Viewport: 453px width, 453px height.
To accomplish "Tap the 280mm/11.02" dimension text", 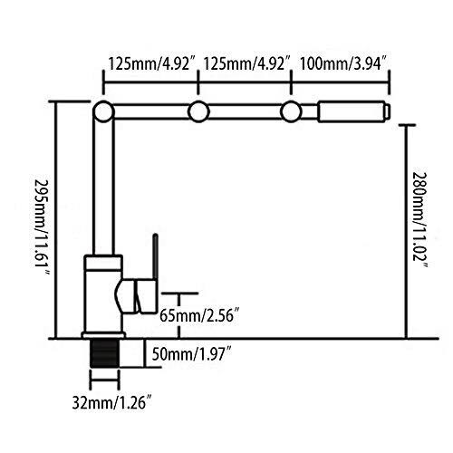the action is click(420, 220).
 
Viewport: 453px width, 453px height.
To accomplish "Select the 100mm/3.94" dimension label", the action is click(343, 64).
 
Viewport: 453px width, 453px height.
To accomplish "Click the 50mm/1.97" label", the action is click(192, 354).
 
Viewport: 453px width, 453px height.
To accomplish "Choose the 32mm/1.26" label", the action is click(111, 402).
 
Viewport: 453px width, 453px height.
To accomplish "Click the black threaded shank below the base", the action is click(104, 353).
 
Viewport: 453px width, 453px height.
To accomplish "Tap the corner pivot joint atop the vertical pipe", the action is click(103, 111).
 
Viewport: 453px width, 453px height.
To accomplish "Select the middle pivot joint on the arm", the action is click(198, 111).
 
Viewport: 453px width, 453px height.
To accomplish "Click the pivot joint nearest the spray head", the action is click(291, 111).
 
